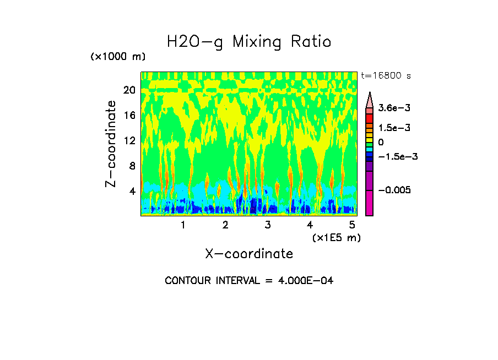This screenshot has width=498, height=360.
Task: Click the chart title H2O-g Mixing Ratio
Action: [249, 42]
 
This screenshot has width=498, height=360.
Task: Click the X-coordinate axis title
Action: [249, 254]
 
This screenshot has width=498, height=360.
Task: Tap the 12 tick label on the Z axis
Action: [129, 140]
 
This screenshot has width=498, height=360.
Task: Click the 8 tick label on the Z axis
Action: [132, 166]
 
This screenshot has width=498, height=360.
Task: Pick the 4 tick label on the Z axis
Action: [132, 191]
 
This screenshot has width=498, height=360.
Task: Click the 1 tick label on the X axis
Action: [183, 225]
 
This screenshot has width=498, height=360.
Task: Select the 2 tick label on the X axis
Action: [225, 225]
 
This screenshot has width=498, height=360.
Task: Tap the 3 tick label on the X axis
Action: [268, 225]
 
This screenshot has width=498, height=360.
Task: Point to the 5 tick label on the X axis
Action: [352, 225]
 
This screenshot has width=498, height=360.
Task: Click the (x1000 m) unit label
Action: [118, 57]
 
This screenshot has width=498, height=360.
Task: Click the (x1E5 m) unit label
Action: [336, 237]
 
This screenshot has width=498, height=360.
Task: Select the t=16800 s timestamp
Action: [386, 75]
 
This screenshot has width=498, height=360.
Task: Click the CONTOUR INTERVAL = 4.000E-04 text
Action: [249, 281]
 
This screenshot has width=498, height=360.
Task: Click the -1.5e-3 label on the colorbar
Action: [397, 156]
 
